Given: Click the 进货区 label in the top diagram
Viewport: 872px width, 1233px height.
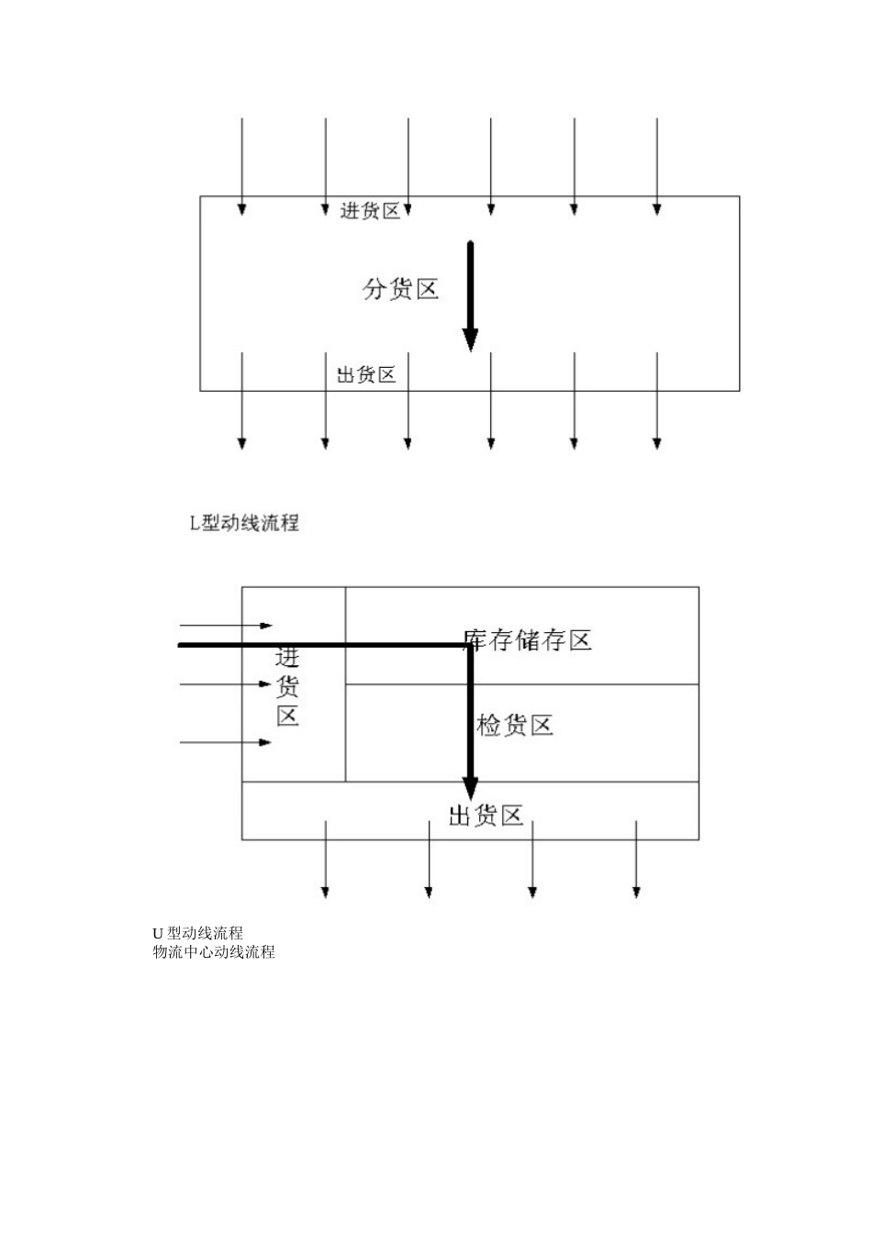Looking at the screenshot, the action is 370,211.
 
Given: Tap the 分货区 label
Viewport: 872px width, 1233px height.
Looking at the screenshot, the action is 400,290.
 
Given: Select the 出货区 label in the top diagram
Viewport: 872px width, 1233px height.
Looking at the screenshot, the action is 366,374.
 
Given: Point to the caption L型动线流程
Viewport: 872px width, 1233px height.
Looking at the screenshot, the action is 244,524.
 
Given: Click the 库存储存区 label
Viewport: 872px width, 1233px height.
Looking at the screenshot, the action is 527,639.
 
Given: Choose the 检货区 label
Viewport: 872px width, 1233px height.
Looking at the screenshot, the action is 515,726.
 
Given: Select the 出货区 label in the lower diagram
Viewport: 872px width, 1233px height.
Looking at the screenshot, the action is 486,815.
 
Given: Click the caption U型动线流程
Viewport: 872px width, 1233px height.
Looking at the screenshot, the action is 198,934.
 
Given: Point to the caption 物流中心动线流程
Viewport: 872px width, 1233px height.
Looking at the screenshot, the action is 214,951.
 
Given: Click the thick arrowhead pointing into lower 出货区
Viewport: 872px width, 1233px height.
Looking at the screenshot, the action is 470,787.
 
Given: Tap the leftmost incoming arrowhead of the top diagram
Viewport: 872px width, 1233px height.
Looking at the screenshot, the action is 242,209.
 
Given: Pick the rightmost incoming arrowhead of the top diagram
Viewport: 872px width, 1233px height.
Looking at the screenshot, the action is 657,209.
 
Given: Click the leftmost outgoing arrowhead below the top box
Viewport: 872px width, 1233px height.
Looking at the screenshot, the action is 242,443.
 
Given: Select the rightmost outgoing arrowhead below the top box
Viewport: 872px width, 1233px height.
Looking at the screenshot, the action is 657,443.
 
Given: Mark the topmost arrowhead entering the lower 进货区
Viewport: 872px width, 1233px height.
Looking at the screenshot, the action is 266,626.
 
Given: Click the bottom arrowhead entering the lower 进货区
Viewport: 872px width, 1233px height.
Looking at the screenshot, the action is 266,742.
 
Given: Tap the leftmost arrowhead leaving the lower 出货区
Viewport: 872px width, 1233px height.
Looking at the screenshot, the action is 325,891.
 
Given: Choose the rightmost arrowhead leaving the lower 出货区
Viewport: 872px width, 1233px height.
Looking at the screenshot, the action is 636,891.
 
